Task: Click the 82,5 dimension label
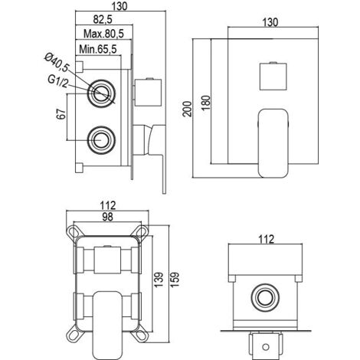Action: tap(103, 19)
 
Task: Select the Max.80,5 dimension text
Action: tap(103, 34)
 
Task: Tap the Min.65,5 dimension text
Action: tap(98, 49)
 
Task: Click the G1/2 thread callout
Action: tap(58, 81)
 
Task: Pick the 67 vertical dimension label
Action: tap(61, 114)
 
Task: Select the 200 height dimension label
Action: tap(187, 109)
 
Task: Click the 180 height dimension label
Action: tap(206, 103)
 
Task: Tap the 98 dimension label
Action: tap(107, 217)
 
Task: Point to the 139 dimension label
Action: tap(159, 280)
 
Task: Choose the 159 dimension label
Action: tap(175, 280)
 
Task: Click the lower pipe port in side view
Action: tap(101, 140)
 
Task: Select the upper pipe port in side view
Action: tap(101, 93)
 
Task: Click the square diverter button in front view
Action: tap(273, 76)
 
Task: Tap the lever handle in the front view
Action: tap(273, 143)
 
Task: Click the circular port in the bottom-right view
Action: tap(265, 297)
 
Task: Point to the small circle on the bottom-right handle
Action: tap(266, 347)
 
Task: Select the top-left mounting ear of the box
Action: tap(74, 232)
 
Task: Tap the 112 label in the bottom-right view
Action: tap(266, 239)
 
